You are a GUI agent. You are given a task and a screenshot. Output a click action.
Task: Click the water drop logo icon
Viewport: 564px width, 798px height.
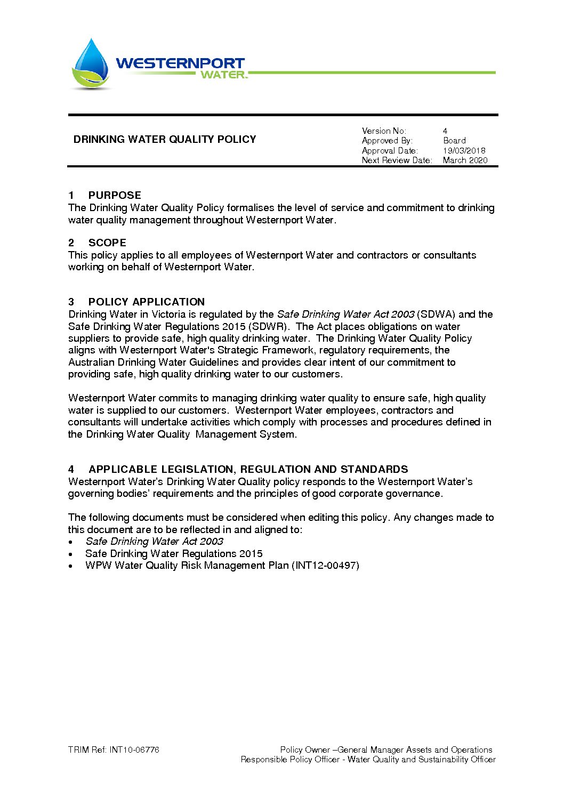[91, 63]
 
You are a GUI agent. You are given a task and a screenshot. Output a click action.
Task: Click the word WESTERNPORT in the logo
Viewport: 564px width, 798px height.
[180, 63]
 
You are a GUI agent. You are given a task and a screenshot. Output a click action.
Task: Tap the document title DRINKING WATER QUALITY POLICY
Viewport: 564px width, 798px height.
[165, 140]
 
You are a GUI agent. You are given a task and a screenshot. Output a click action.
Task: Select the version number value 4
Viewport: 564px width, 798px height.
[445, 131]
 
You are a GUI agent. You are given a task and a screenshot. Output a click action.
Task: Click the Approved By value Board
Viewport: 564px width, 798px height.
[454, 141]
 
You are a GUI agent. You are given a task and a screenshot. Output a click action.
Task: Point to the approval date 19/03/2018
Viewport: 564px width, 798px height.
[464, 151]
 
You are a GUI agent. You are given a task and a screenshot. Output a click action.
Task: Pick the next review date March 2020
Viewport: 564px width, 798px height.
[465, 160]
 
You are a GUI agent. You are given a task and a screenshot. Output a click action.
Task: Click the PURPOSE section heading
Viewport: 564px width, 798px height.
[115, 195]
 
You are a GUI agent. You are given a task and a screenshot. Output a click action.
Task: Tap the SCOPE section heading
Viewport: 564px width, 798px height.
[107, 243]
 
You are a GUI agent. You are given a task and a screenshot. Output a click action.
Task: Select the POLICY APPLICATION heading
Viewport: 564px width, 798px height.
[146, 302]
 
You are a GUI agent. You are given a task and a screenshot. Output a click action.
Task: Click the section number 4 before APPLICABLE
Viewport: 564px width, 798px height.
[71, 470]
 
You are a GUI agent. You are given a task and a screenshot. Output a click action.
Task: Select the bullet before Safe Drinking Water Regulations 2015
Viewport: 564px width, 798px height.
[71, 554]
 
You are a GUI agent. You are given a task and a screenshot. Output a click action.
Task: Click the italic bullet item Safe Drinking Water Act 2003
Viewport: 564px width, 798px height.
[154, 542]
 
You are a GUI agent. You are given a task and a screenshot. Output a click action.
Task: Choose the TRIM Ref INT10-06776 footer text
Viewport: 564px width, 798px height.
[114, 750]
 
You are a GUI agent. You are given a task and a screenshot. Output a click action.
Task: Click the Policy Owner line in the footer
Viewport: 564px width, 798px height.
[386, 750]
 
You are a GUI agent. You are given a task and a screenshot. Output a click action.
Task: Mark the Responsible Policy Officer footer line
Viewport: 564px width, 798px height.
[368, 760]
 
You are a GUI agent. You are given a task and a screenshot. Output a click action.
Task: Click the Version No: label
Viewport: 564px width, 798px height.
[384, 131]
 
